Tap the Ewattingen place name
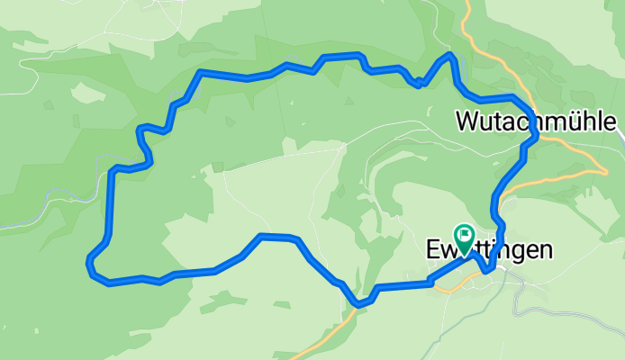point(488,250)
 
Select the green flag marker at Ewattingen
point(465,238)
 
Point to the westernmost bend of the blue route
point(88,263)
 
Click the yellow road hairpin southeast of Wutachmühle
point(602,168)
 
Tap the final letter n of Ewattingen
point(546,250)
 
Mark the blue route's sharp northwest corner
point(201,72)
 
